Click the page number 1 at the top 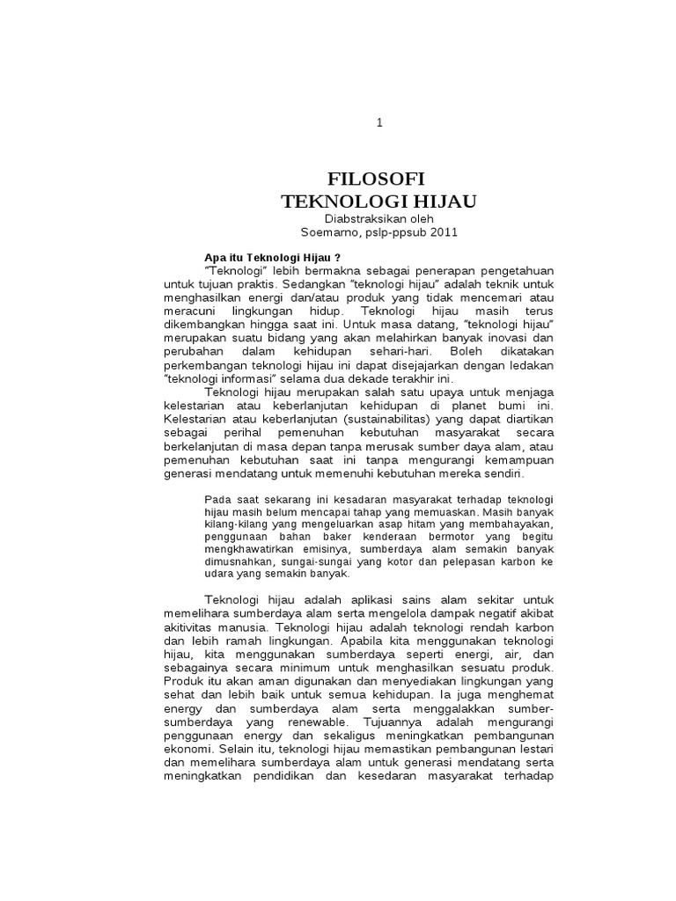pos(379,123)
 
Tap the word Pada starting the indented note pos(217,498)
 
